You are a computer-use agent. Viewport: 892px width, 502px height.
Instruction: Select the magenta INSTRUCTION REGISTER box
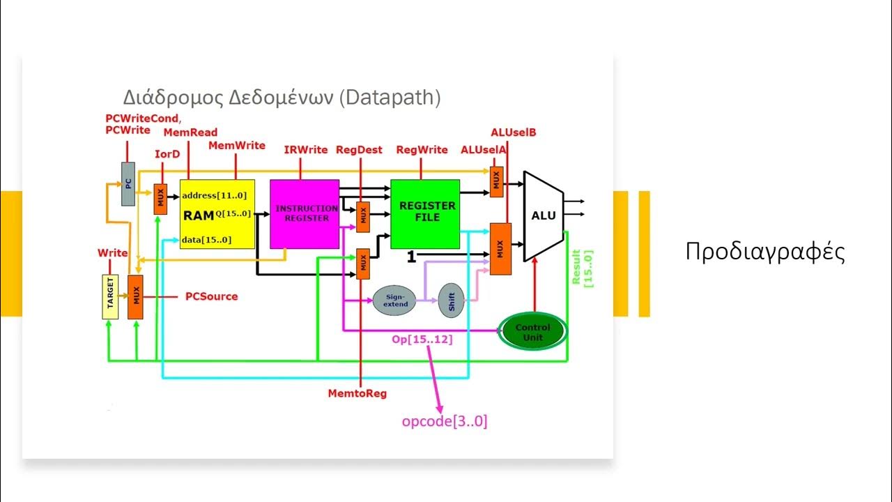pyautogui.click(x=305, y=213)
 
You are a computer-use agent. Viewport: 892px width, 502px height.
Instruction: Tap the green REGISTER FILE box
pyautogui.click(x=425, y=213)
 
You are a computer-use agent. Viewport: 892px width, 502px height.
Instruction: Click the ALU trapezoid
pyautogui.click(x=543, y=215)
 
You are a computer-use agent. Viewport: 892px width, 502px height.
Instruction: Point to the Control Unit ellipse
pyautogui.click(x=532, y=332)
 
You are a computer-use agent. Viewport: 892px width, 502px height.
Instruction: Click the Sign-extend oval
pyautogui.click(x=394, y=301)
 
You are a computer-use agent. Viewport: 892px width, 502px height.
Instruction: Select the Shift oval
pyautogui.click(x=452, y=301)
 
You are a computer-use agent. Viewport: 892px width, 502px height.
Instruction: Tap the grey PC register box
pyautogui.click(x=128, y=183)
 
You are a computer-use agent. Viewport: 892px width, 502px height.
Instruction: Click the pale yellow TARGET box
pyautogui.click(x=110, y=296)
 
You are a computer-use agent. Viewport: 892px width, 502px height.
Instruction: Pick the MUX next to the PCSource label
pyautogui.click(x=135, y=296)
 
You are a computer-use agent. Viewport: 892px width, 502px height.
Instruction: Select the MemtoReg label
pyautogui.click(x=357, y=393)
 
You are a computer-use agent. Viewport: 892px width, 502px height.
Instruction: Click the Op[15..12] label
pyautogui.click(x=422, y=339)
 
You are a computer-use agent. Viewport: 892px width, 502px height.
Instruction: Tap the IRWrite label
pyautogui.click(x=305, y=150)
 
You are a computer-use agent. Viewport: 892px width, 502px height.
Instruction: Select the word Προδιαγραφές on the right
pyautogui.click(x=765, y=252)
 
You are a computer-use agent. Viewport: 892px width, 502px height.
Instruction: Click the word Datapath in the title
pyautogui.click(x=390, y=97)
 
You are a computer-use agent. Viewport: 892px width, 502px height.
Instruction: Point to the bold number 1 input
pyautogui.click(x=411, y=257)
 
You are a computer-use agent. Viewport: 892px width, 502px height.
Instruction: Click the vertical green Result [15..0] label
pyautogui.click(x=581, y=268)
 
